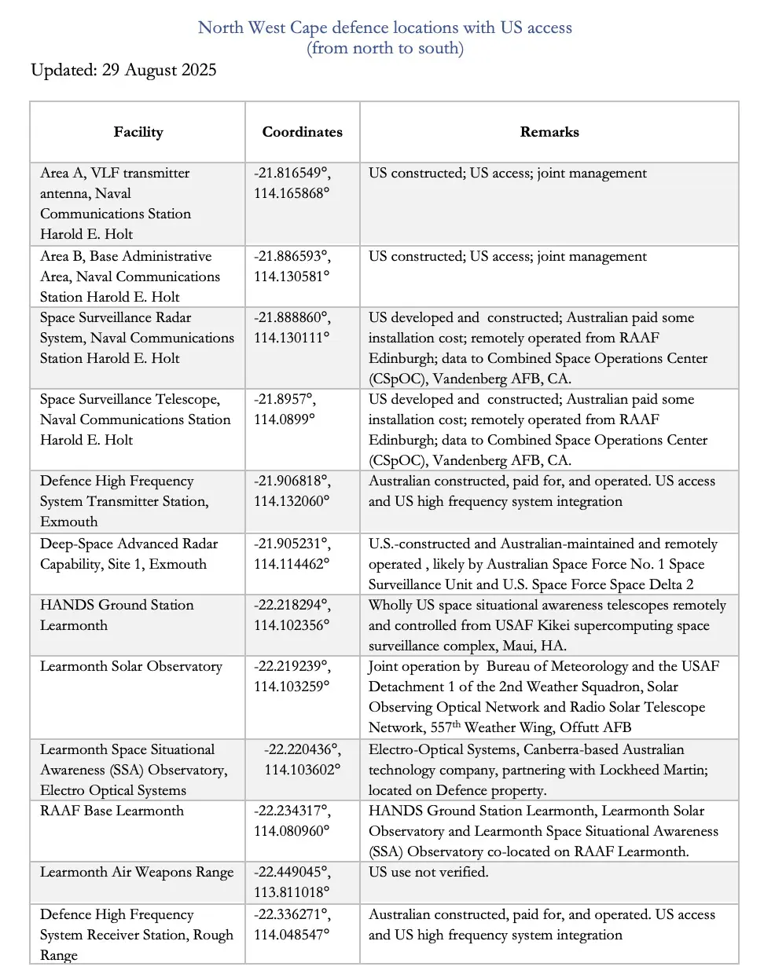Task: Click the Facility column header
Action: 138,132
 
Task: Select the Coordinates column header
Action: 303,132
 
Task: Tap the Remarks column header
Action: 549,132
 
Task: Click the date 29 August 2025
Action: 159,70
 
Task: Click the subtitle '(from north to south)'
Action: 384,48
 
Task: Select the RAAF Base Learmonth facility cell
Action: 112,811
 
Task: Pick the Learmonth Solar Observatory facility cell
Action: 131,666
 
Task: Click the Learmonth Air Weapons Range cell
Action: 137,872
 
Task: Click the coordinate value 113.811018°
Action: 292,892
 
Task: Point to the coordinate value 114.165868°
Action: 292,193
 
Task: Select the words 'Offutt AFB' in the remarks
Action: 594,727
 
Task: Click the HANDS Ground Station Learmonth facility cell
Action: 116,615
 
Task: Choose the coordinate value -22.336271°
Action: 292,914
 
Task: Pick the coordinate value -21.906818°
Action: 292,481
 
